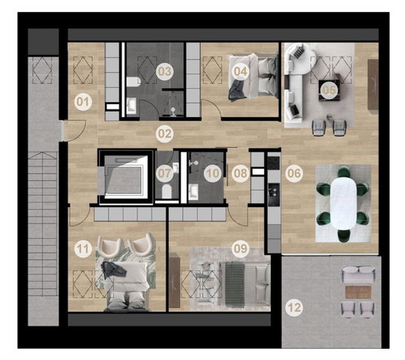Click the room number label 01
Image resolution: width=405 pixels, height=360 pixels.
(x=83, y=102)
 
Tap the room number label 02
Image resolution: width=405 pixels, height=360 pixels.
(x=165, y=133)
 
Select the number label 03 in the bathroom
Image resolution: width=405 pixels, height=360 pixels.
(x=165, y=71)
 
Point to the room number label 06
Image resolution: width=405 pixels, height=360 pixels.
(x=294, y=173)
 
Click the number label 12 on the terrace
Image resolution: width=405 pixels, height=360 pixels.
(x=294, y=307)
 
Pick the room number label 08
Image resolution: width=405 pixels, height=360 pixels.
(x=241, y=173)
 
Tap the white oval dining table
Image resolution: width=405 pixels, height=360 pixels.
(x=343, y=203)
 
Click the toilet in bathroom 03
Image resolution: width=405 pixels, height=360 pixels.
(x=133, y=82)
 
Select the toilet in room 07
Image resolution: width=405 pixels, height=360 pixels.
(x=166, y=191)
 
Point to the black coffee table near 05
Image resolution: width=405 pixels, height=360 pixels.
(x=330, y=91)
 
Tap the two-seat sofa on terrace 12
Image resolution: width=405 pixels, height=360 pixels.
(x=358, y=274)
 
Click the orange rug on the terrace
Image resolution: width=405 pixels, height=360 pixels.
(x=358, y=292)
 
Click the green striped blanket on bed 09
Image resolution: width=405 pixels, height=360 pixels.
(x=235, y=284)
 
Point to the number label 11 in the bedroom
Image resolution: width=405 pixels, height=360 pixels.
(x=83, y=249)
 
